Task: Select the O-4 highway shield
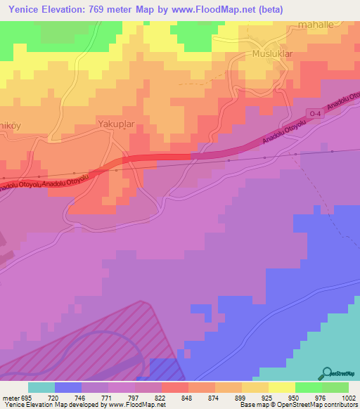tap(314, 112)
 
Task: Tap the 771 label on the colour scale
tap(108, 396)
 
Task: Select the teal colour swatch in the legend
tap(41, 387)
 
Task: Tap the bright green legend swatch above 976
tap(309, 387)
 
